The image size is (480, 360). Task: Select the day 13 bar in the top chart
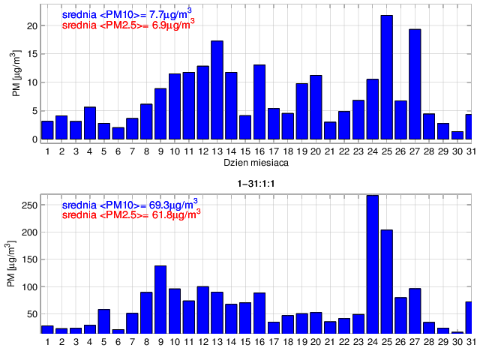click(217, 91)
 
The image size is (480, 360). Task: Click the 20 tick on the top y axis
click(32, 25)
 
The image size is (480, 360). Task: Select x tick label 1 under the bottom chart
click(47, 342)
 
